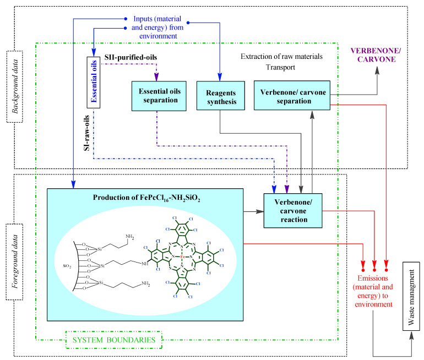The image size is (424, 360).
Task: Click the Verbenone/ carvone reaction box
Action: point(292,210)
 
